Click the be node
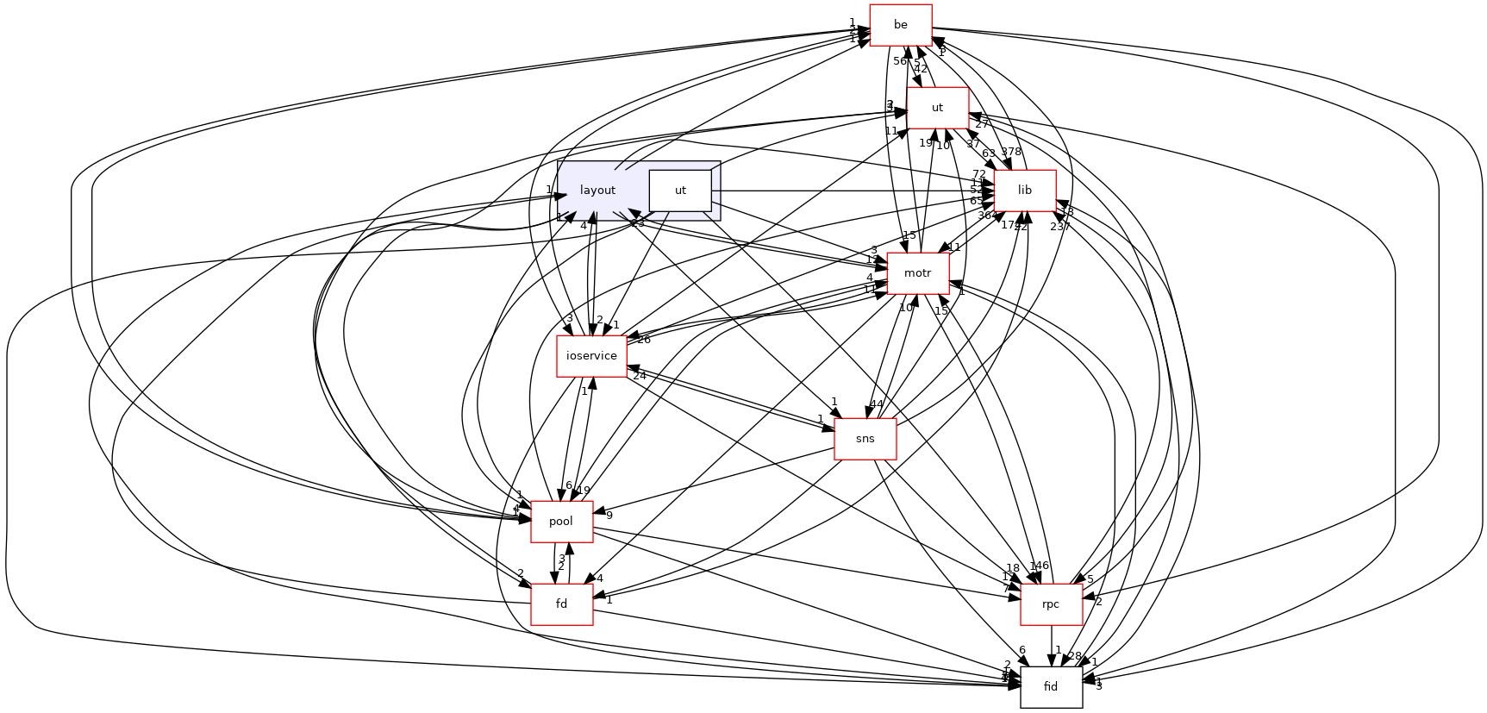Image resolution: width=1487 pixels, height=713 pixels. coord(901,25)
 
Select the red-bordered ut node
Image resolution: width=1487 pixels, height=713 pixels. coord(937,108)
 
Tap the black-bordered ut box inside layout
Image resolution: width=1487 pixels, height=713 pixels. coord(680,191)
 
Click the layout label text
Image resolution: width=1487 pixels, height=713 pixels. coord(597,191)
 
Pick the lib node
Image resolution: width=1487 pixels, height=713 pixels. coord(1025,191)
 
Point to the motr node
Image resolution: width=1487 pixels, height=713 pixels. coord(918,273)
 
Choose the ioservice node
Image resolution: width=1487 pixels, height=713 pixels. coord(591,356)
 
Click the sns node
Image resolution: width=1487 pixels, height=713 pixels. coord(865,439)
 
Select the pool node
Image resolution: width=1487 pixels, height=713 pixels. coord(561,522)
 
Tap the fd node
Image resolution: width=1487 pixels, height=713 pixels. coord(561,604)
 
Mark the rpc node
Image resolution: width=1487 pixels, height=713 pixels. coord(1051,604)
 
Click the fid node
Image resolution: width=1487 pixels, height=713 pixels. coord(1051,687)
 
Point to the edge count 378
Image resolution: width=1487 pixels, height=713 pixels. coord(1011,152)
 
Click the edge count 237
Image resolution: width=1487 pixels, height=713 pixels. coord(1059,227)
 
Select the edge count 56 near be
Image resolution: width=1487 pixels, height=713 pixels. coord(900,61)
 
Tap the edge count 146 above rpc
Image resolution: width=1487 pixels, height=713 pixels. coord(1040,566)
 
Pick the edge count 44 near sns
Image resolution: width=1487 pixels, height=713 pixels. coord(877,403)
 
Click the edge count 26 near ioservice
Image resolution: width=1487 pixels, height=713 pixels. coord(643,340)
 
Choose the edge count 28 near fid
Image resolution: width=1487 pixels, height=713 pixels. coord(1074,656)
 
